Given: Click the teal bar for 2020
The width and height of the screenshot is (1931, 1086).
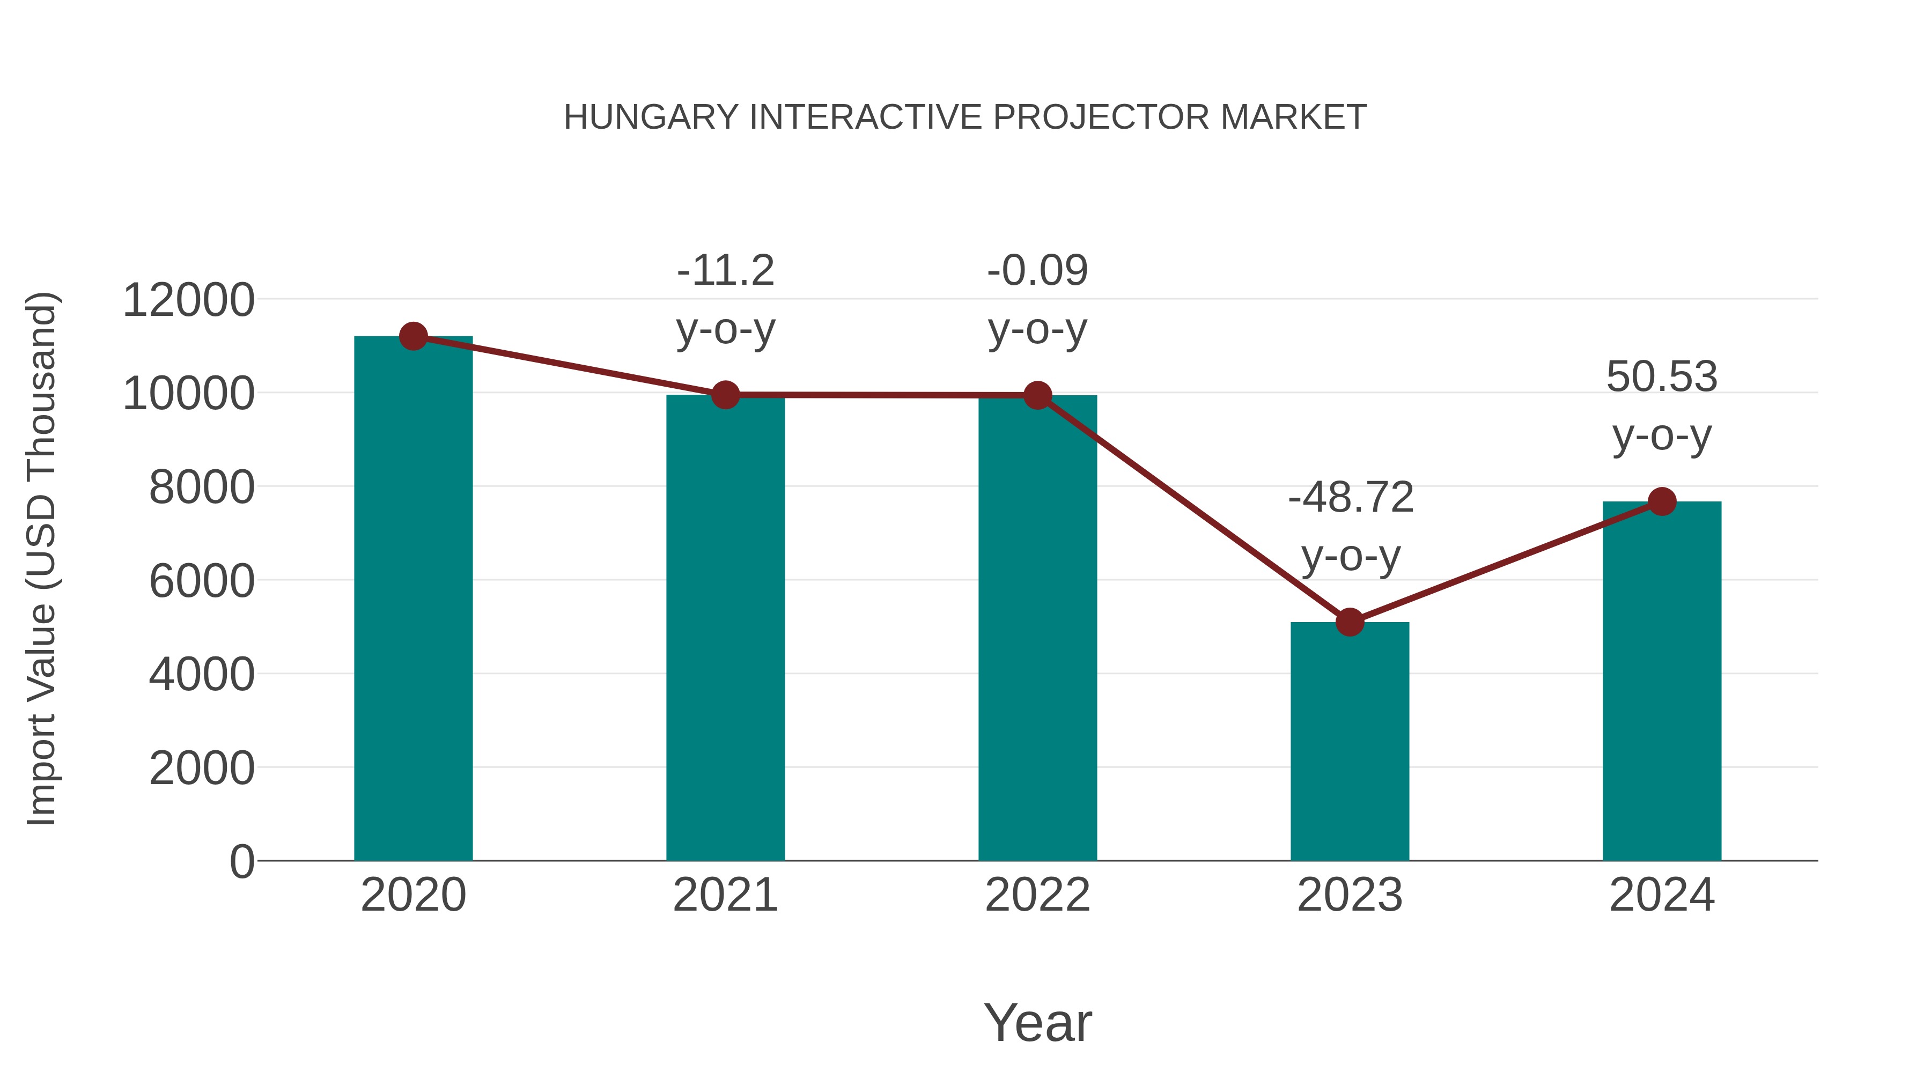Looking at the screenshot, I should (413, 600).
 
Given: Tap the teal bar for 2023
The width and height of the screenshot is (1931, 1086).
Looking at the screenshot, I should (1350, 742).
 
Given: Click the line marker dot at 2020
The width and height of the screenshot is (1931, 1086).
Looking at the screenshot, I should (413, 336).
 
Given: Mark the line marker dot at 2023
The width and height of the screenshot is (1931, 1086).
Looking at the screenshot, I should (1350, 622).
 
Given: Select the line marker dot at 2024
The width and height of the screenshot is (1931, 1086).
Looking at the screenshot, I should (1662, 501).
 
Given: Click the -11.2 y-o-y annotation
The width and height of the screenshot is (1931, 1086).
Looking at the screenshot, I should (725, 300).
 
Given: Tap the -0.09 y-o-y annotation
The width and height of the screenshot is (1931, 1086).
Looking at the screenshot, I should (1037, 300).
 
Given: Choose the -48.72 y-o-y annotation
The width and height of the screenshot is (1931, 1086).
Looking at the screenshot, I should (1350, 527).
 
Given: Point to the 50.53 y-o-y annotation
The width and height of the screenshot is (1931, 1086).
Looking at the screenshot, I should (1662, 406).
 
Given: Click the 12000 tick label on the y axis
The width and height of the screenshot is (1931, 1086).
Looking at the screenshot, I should (188, 300).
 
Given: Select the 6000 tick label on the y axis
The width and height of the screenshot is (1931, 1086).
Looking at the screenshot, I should (202, 581).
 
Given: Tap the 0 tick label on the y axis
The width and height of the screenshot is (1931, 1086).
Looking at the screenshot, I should (242, 862).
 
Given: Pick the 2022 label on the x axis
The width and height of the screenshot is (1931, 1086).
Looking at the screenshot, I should (1037, 895).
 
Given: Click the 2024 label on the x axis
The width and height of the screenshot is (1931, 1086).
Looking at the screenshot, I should (1662, 895).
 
